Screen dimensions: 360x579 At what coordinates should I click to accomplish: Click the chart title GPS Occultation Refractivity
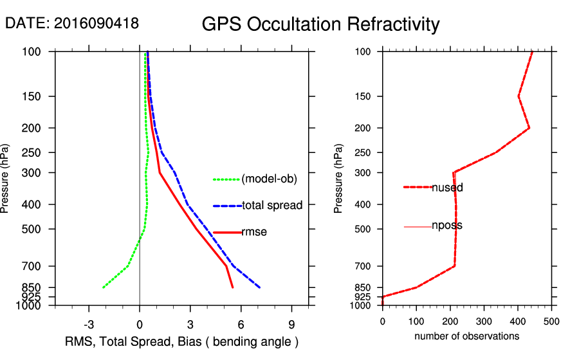(320, 24)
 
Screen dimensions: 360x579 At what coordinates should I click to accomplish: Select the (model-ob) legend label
(269, 179)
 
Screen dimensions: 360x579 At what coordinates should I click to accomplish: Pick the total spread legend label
(271, 206)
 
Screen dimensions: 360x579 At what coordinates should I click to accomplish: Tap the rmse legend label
(254, 232)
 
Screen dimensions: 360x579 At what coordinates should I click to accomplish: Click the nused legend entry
(447, 188)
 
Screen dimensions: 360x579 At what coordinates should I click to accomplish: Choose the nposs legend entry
(447, 226)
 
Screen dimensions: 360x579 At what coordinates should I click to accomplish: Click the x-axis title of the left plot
(182, 341)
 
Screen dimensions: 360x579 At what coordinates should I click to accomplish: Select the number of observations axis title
(466, 336)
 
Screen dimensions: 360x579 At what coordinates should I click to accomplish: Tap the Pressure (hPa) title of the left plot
(7, 178)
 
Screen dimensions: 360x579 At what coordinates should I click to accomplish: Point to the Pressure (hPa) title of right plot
(338, 178)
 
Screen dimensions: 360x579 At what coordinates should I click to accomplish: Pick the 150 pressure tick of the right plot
(366, 96)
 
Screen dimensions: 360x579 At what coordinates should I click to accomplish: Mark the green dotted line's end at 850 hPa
(103, 287)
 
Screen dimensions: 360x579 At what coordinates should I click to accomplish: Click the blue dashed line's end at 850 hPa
(259, 287)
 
